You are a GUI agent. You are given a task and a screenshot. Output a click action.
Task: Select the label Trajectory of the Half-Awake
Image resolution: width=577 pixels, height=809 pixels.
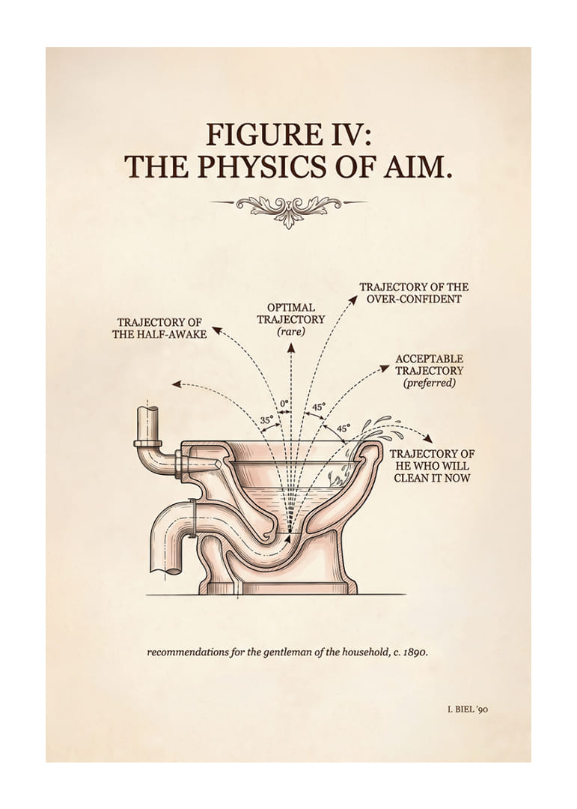[159, 328]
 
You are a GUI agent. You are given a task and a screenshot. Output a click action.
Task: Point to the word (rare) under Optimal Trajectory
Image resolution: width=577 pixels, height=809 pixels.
[291, 332]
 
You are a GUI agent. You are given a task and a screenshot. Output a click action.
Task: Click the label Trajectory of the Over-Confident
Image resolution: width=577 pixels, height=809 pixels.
[414, 293]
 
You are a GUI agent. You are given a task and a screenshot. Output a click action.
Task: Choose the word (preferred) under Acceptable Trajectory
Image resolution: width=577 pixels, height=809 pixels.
[430, 383]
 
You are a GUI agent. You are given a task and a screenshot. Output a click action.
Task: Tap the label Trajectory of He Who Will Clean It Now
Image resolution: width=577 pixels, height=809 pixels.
[432, 465]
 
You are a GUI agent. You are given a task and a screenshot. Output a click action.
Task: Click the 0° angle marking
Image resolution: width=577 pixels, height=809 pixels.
[284, 403]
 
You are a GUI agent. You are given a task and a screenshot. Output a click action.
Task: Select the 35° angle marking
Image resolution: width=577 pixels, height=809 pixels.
[266, 420]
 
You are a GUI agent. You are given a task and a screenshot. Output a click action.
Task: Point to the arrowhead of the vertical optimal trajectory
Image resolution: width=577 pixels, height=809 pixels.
[291, 347]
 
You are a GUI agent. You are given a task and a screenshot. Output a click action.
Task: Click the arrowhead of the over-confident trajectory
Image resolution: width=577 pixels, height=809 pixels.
[354, 299]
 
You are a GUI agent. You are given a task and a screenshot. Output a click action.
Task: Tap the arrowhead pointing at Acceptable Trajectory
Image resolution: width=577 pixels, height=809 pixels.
[384, 368]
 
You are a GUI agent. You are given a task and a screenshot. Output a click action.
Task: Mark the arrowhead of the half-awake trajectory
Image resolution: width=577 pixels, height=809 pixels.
[217, 330]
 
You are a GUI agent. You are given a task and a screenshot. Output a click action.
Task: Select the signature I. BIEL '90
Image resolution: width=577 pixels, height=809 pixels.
[468, 709]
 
